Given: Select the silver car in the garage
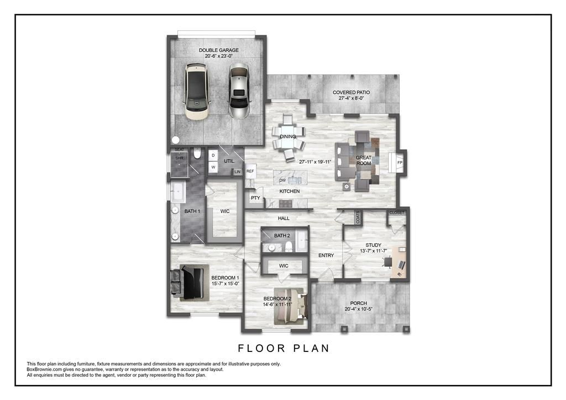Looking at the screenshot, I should (239, 92).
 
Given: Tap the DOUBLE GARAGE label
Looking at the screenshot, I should (219, 50).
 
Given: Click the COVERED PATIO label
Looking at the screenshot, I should (351, 92).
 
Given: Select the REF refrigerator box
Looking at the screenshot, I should (250, 171).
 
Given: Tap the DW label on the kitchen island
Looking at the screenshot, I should (282, 180).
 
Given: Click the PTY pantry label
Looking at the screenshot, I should (255, 197).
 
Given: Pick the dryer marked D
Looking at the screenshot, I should (213, 155).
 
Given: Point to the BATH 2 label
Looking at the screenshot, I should (282, 236).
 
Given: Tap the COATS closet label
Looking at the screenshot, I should (358, 218).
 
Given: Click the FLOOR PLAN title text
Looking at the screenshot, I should (284, 348).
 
